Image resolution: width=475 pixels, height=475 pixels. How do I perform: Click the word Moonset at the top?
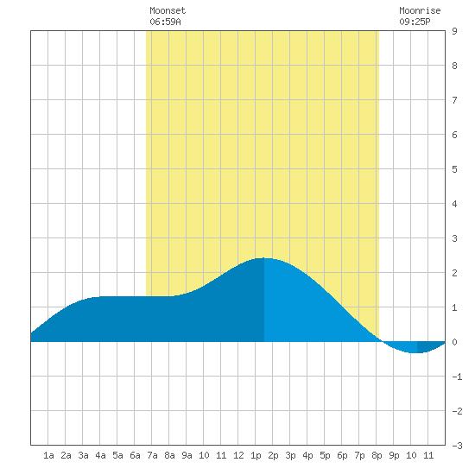168,10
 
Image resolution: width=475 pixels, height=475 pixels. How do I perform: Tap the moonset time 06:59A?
165,22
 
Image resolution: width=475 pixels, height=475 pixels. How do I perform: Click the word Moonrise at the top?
420,10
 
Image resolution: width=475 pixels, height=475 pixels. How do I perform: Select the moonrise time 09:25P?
415,22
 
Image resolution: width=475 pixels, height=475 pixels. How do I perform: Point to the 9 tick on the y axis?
454,31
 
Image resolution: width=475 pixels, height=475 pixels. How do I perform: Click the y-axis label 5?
454,169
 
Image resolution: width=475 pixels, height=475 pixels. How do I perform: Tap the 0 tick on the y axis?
454,342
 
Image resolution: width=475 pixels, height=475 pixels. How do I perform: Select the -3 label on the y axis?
457,446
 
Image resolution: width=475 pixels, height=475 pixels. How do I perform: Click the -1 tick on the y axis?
457,377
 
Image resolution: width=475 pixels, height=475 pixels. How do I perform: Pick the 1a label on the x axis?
48,455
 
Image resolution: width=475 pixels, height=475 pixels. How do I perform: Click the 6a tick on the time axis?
135,455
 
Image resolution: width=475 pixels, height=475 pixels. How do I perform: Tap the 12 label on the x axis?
238,455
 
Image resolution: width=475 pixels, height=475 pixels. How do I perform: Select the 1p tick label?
256,456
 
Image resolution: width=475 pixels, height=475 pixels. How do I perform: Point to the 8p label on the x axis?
377,456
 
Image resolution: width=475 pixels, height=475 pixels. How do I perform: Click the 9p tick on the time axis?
394,456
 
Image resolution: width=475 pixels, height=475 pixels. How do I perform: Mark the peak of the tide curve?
264,258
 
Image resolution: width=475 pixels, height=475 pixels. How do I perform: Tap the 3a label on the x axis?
83,455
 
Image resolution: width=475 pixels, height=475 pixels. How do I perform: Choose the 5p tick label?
325,456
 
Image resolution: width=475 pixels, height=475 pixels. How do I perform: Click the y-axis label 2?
454,273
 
